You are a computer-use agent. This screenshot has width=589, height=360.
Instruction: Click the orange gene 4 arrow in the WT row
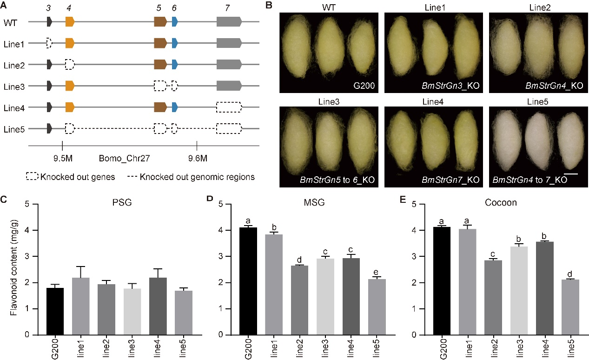coord(70,21)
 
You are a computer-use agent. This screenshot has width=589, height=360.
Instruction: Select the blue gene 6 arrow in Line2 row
coord(174,64)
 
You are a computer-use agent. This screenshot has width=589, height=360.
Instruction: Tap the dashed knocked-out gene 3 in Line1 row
coord(49,43)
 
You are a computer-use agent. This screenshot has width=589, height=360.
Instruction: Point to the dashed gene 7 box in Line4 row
coord(229,107)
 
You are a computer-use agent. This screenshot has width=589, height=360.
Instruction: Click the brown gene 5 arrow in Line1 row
coord(160,43)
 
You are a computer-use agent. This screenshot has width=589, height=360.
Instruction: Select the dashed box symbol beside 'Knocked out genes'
coord(32,177)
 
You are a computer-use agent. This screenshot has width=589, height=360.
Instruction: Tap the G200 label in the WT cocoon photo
coord(367,85)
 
